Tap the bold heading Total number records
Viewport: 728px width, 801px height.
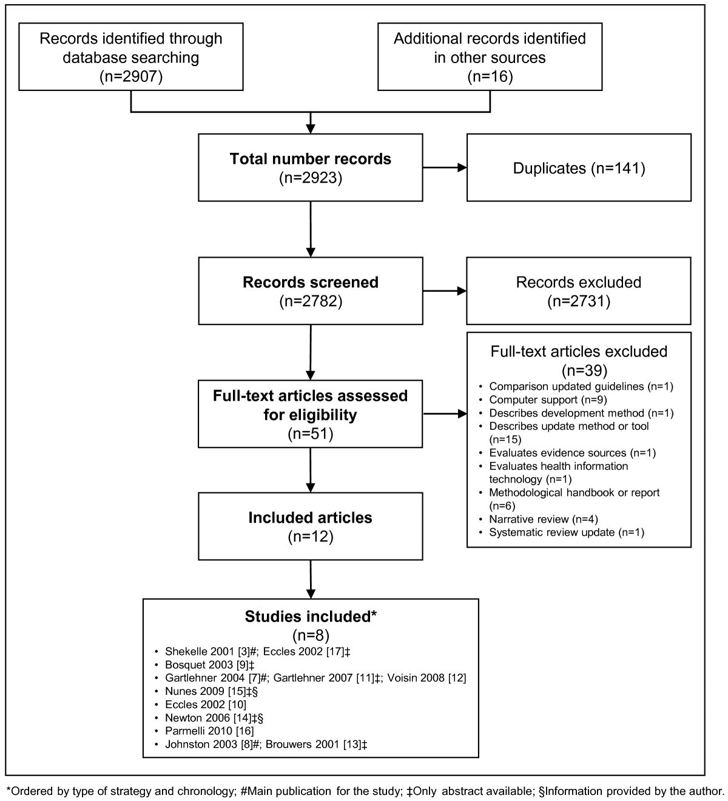[310, 159]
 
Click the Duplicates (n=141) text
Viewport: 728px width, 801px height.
[579, 168]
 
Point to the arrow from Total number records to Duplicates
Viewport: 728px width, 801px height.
[444, 168]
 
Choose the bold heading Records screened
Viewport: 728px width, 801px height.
[310, 283]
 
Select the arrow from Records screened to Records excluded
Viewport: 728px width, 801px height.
[444, 291]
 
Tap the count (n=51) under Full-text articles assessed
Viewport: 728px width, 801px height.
[310, 434]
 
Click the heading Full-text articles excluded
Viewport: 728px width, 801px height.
[579, 352]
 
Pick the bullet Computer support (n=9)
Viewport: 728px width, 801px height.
[533, 400]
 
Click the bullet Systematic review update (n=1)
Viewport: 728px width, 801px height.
[566, 532]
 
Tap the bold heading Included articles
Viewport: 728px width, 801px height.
[310, 518]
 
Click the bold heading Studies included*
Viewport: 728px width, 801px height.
[311, 617]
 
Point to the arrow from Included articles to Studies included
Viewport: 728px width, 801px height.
[311, 579]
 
